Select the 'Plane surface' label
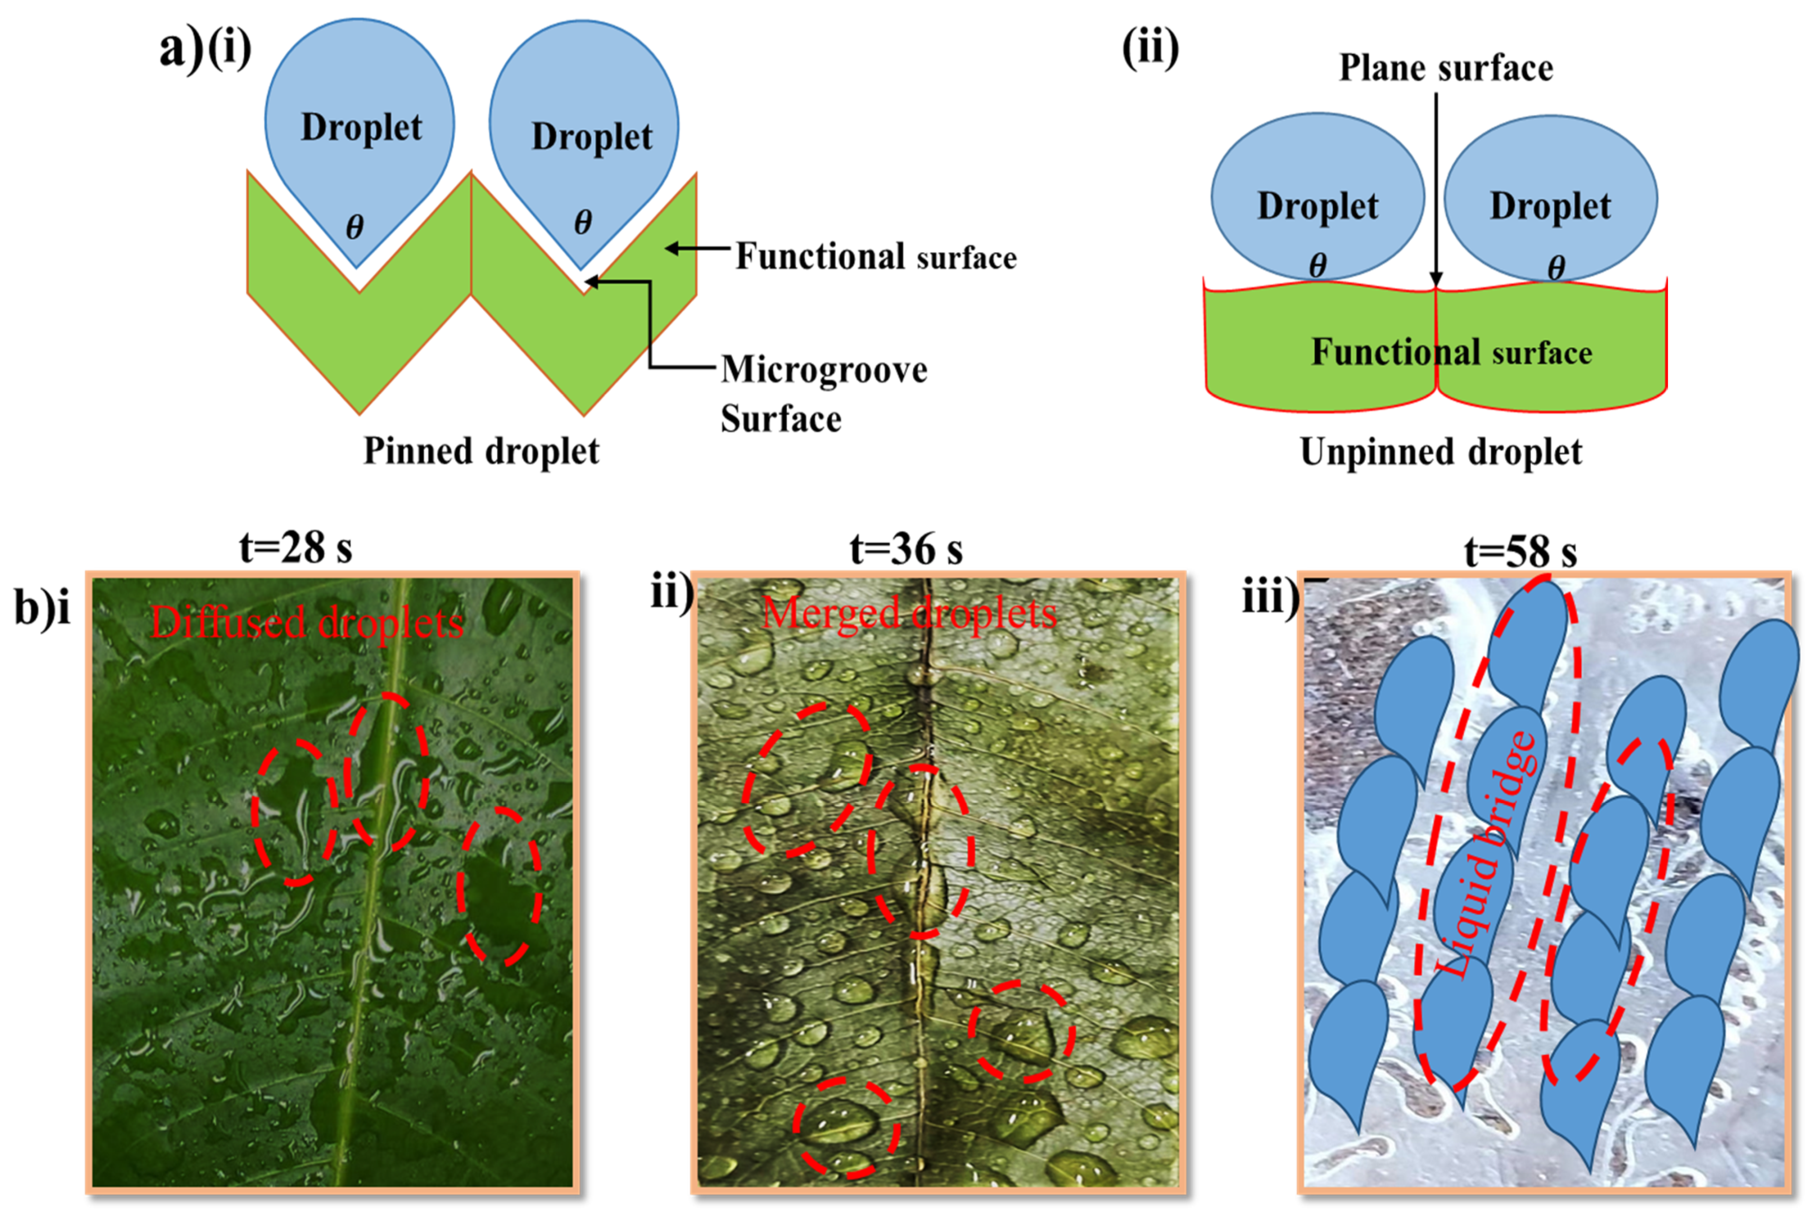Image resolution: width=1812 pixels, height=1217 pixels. tap(1445, 68)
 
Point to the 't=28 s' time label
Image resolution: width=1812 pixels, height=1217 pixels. tap(295, 548)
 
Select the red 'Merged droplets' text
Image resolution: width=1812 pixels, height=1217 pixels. tap(909, 613)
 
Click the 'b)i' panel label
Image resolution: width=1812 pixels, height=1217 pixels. tap(42, 607)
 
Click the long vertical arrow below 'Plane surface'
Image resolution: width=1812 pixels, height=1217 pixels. tap(1435, 186)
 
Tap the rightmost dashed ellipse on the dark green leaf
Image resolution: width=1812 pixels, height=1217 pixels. tap(499, 885)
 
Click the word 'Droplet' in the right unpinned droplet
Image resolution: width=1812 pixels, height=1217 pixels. tap(1550, 207)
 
